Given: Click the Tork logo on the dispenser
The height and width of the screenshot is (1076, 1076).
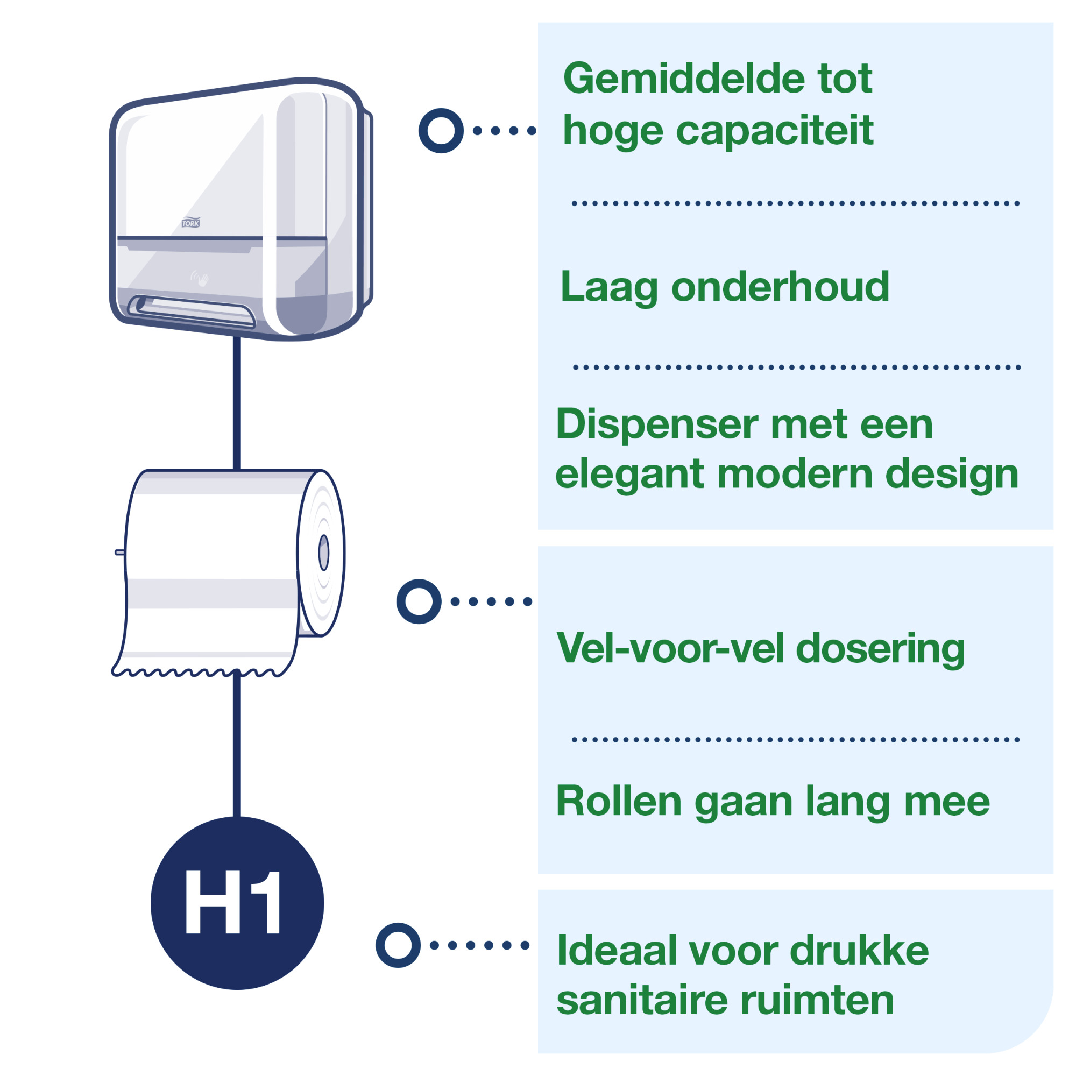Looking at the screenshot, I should pos(190,223).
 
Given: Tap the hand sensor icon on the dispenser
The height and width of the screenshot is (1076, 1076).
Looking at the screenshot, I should pos(200,278).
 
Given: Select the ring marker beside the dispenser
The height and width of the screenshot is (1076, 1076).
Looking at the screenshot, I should pos(441,130).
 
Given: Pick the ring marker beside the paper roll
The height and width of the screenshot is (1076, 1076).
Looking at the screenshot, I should pos(419,601).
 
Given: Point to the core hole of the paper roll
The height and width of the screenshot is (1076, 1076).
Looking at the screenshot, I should pos(323,553).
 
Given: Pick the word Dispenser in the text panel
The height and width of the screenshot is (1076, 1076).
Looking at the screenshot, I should pos(657,424).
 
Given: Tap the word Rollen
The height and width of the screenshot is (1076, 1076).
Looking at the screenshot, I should pos(618,802).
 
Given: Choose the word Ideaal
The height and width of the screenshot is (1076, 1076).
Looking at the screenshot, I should pos(617,951).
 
